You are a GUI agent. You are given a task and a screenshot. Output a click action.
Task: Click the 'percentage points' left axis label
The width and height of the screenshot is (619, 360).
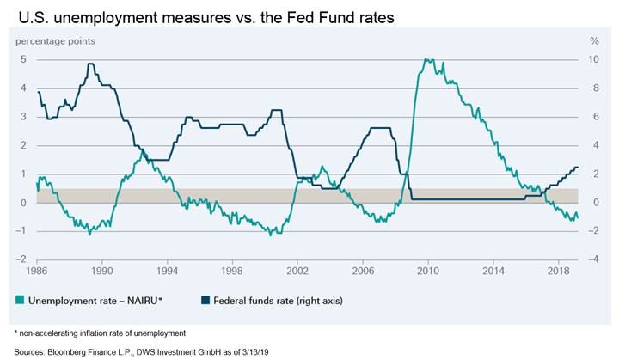click(53, 40)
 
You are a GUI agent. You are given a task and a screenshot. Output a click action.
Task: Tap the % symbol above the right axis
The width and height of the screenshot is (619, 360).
click(593, 40)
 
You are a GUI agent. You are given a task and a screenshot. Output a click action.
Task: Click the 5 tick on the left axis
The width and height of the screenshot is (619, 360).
click(24, 59)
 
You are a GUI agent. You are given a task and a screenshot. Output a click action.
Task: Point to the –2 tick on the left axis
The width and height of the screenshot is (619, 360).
click(21, 259)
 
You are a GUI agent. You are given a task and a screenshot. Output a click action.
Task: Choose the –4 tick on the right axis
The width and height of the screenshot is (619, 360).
click(593, 259)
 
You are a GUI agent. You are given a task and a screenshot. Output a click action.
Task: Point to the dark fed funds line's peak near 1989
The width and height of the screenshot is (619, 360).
click(90, 64)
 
